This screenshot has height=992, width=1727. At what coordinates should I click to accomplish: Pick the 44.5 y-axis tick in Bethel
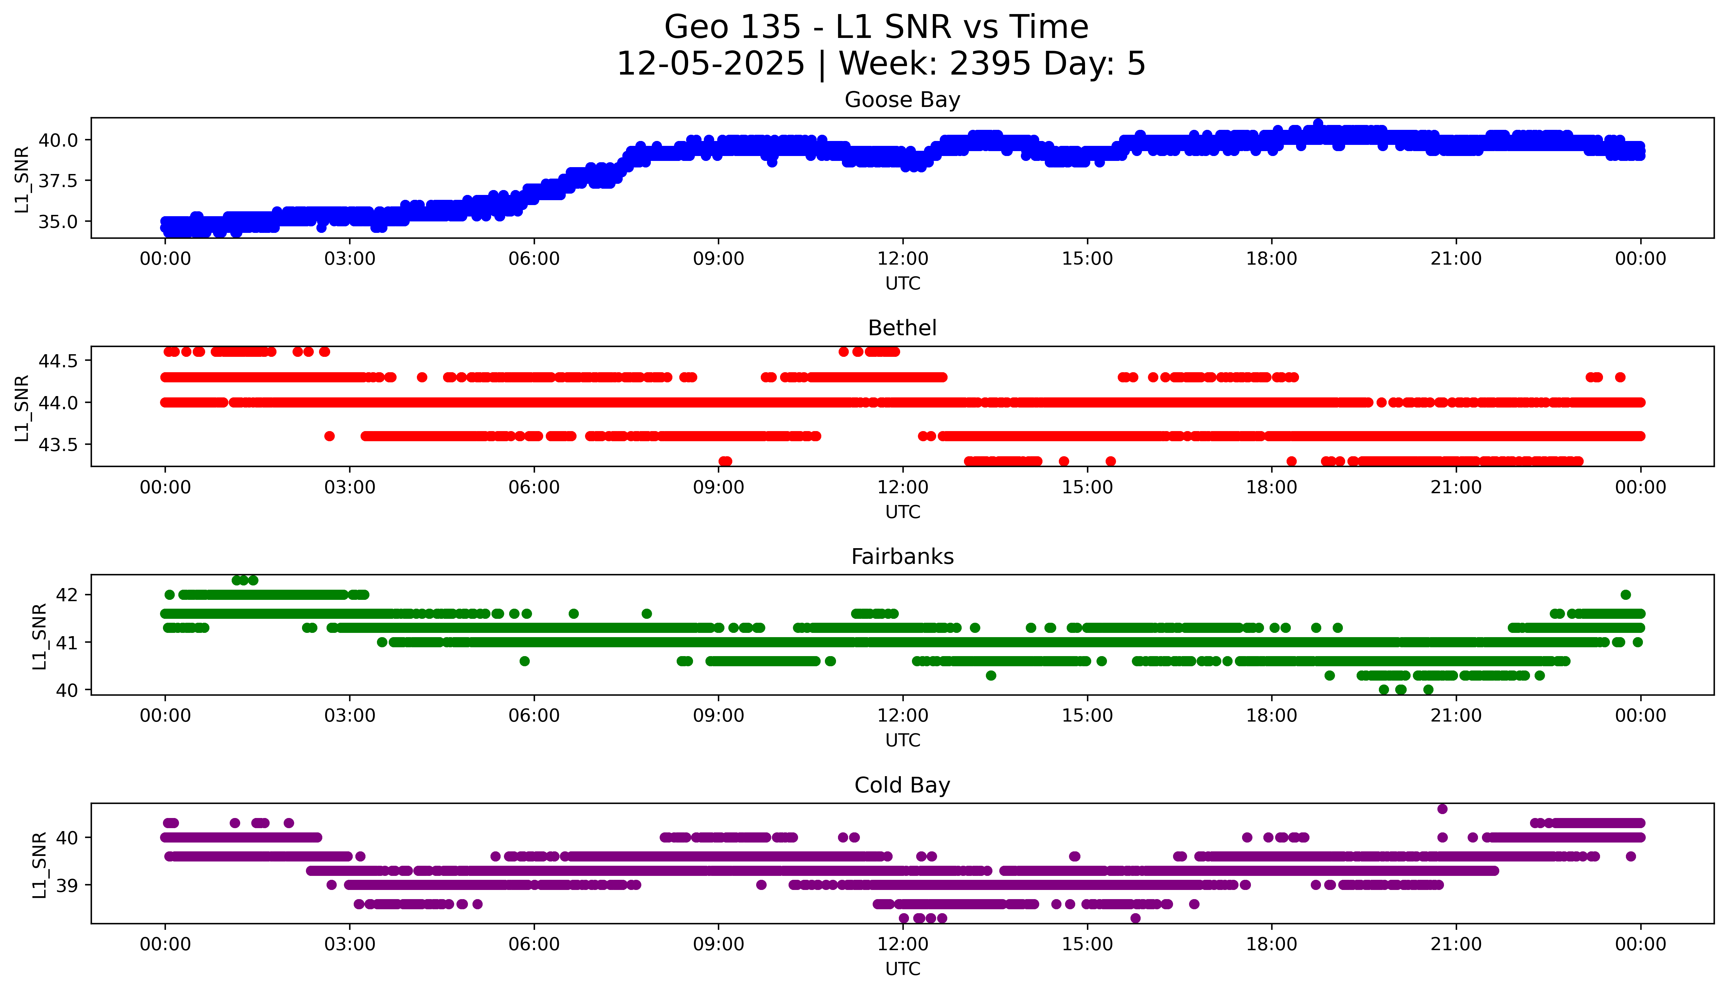tap(59, 361)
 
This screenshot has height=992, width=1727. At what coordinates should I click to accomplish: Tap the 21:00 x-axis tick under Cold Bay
tap(1456, 944)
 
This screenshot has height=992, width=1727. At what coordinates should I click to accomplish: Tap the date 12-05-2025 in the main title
tap(711, 64)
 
